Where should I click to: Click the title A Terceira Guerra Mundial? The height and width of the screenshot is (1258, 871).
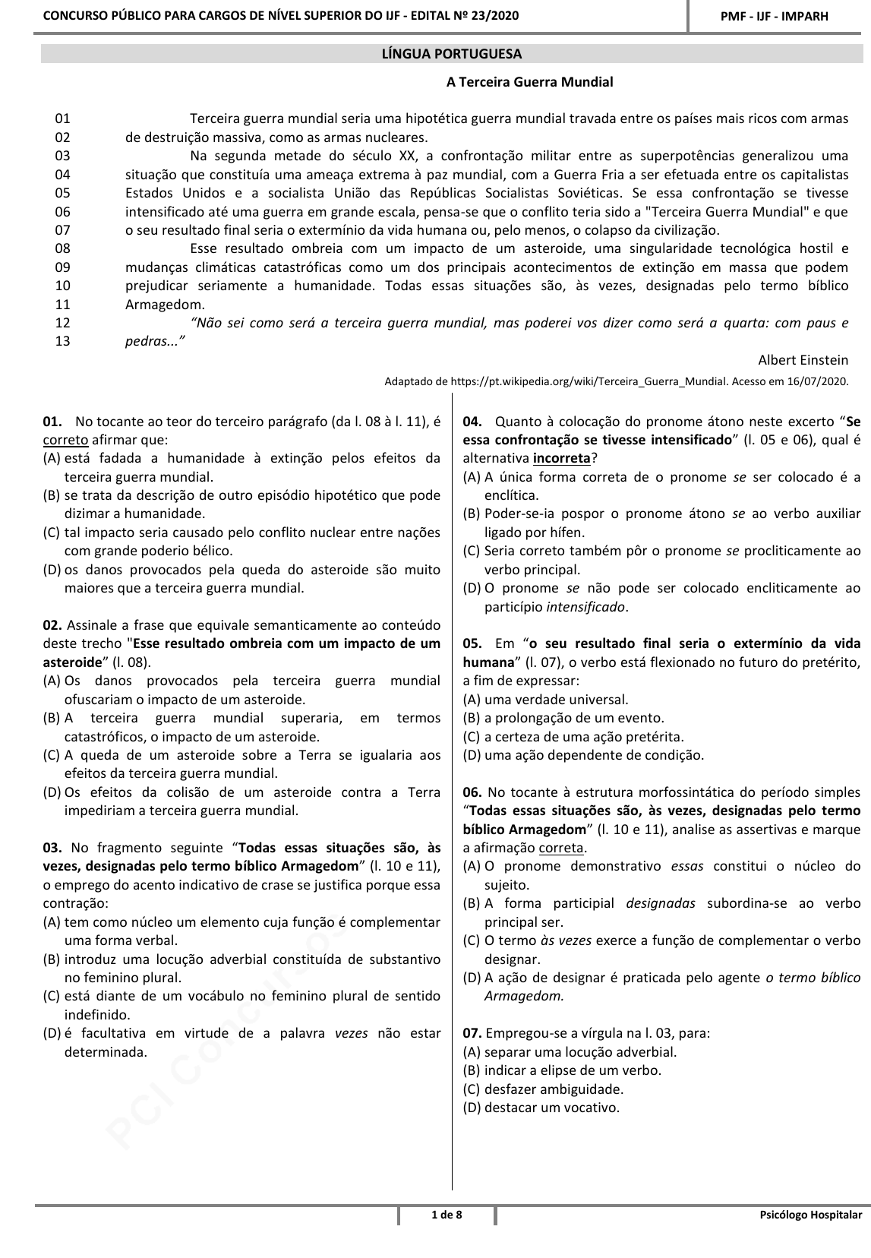tap(529, 82)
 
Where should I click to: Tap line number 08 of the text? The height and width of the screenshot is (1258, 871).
tap(62, 248)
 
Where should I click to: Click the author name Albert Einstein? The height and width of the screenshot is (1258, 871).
tap(803, 359)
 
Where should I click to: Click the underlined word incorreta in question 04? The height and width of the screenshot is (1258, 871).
tap(561, 459)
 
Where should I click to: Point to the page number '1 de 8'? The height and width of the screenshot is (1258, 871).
tap(447, 1215)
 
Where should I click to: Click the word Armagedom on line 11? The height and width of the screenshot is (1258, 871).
tap(165, 304)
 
